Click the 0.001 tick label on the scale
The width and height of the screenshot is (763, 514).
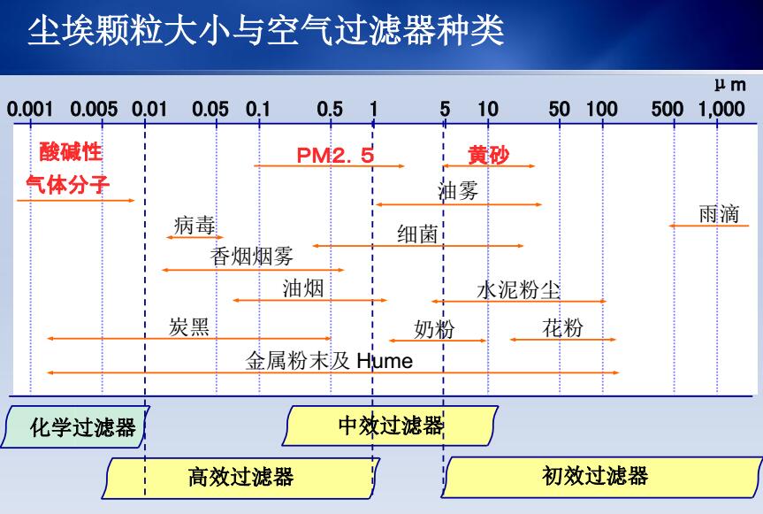pos(30,109)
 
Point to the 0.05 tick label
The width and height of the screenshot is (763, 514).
pos(210,109)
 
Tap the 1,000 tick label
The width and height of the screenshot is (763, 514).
pos(721,109)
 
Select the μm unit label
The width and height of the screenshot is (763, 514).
pos(730,85)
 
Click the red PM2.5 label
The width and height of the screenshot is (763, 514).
pos(335,156)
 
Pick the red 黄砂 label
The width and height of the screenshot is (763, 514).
pos(488,155)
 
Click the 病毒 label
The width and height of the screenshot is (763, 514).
pos(195,226)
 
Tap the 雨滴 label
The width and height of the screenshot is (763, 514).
pos(719,214)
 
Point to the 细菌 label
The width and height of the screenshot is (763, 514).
pos(417,234)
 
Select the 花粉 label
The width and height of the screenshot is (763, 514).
pos(562,327)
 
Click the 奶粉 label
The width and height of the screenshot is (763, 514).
pos(434,329)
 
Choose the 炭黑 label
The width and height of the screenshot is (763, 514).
pos(189,327)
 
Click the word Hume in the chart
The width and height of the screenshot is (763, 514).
pos(385,361)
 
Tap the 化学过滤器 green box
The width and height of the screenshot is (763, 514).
pos(75,427)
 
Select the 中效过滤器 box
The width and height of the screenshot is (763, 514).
pos(390,426)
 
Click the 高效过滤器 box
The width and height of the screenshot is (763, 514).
pos(240,478)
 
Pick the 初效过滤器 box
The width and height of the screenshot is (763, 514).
pos(601,477)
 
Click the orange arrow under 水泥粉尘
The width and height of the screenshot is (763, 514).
pos(519,302)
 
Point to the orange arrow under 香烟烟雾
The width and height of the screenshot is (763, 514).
pos(253,270)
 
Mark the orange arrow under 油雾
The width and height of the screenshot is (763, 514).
pos(459,204)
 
